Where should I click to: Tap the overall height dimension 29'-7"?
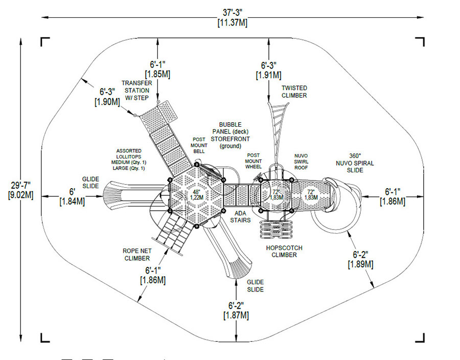21,184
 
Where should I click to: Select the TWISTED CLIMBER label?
294,92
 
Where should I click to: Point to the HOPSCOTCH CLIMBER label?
284,251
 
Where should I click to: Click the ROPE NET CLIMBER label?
136,254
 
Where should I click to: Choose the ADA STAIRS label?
240,216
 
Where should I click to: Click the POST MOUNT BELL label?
199,145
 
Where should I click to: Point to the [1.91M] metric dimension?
269,75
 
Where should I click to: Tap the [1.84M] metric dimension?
72,201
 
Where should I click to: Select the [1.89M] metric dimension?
360,264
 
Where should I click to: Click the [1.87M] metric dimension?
236,315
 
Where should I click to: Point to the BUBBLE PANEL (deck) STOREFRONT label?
231,135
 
